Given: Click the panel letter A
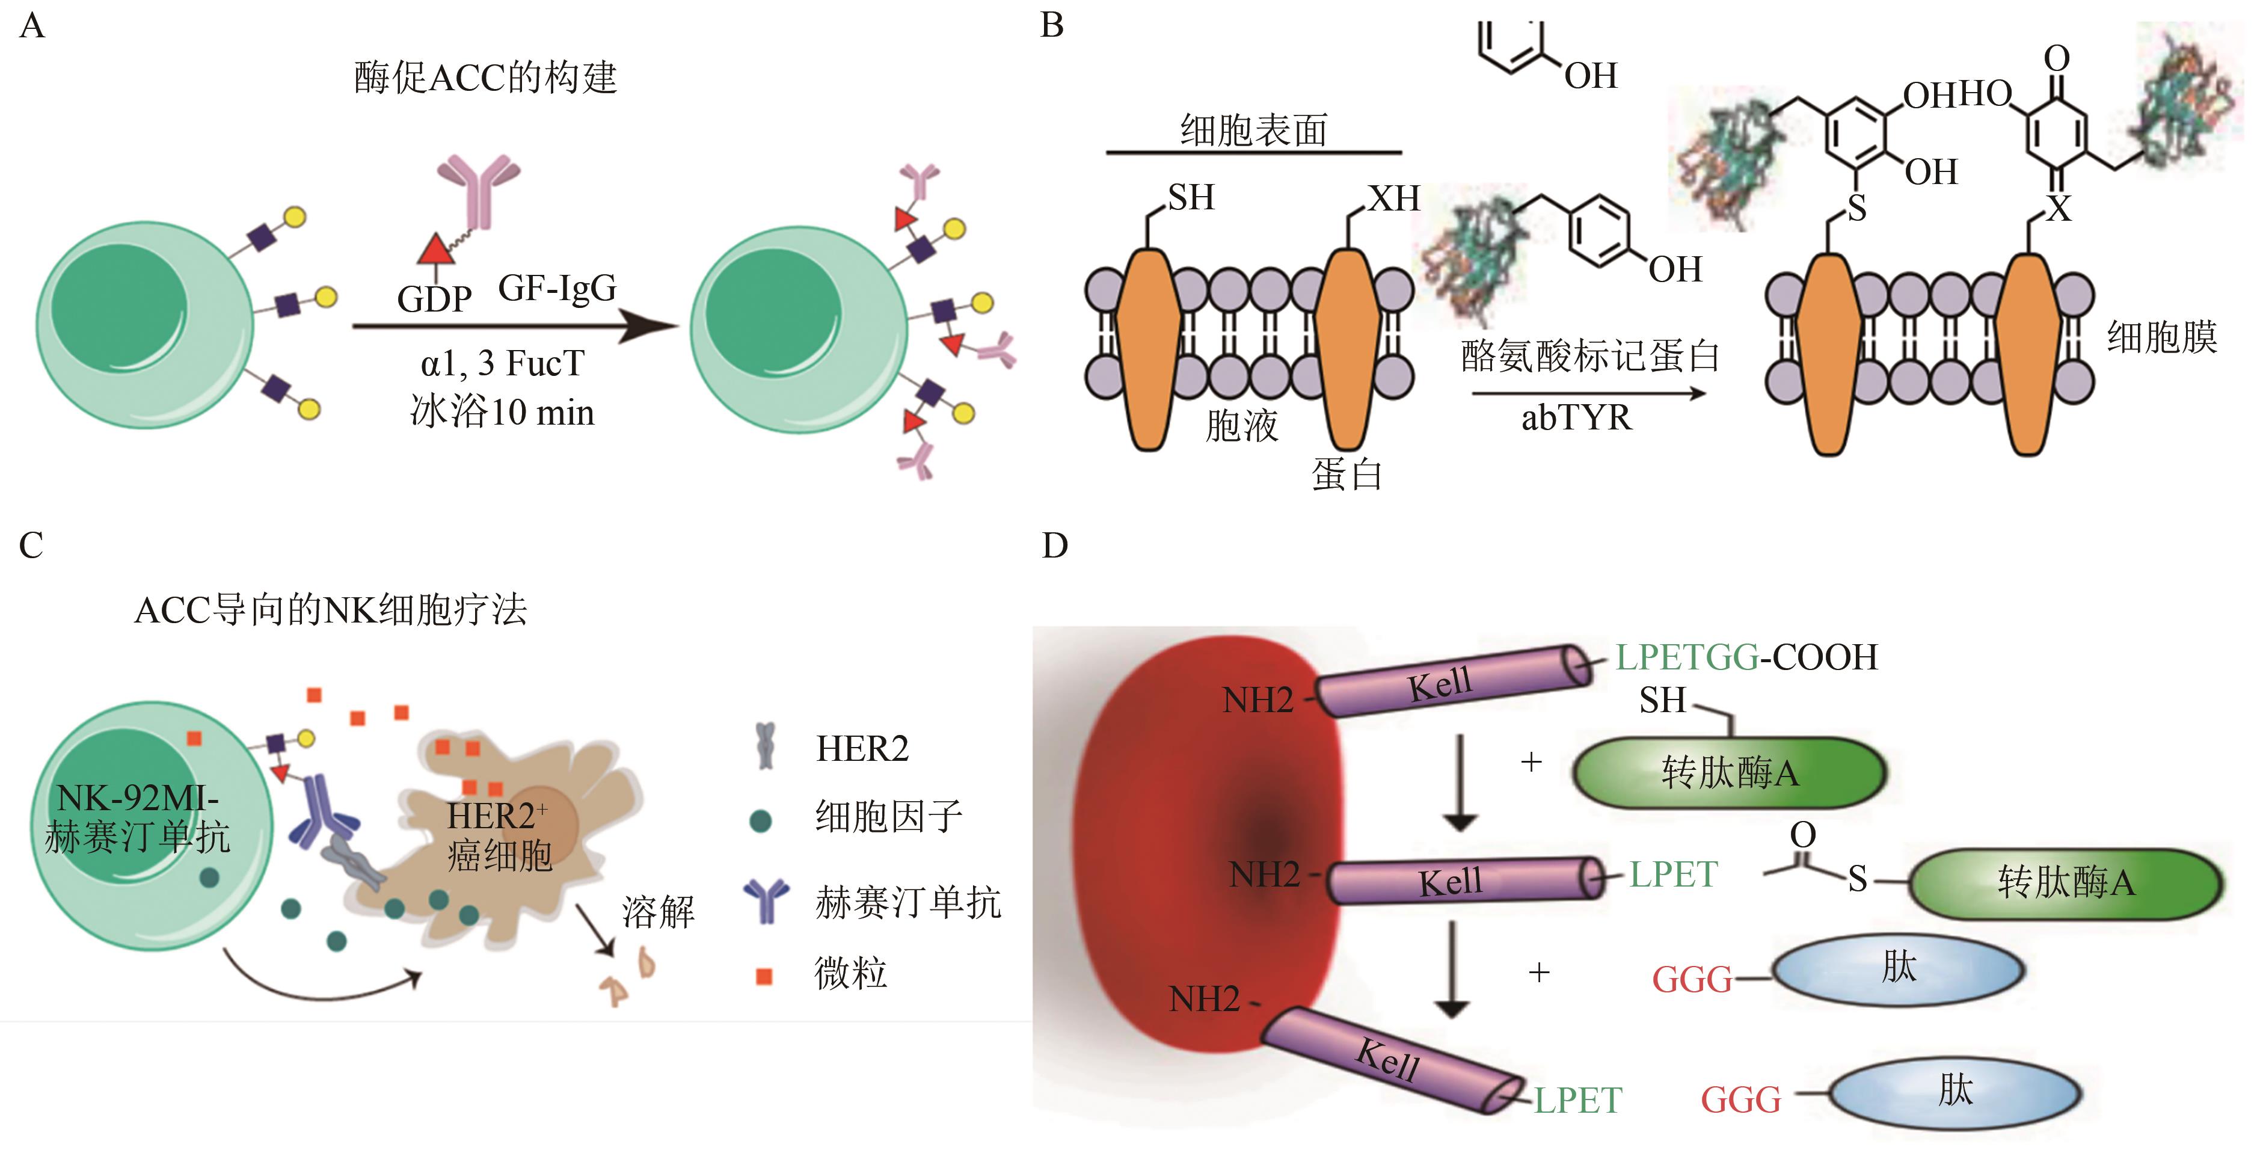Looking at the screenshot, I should coord(32,26).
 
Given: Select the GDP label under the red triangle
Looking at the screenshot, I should coord(434,300).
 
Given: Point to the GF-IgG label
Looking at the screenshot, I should coord(557,288).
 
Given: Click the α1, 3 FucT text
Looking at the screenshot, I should coord(503,363).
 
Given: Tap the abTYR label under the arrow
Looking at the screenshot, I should coord(1576,418).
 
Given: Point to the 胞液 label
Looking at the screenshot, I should coord(1241,426).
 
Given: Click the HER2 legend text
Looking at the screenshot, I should coord(862,748).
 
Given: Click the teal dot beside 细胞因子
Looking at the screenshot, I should coord(761,820).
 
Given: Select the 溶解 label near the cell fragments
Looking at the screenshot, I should coord(658,912).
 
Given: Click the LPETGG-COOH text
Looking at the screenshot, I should coord(1746,657).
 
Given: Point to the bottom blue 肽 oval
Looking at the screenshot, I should coord(1956,1092).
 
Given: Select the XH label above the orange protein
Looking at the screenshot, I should coord(1393,198).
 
